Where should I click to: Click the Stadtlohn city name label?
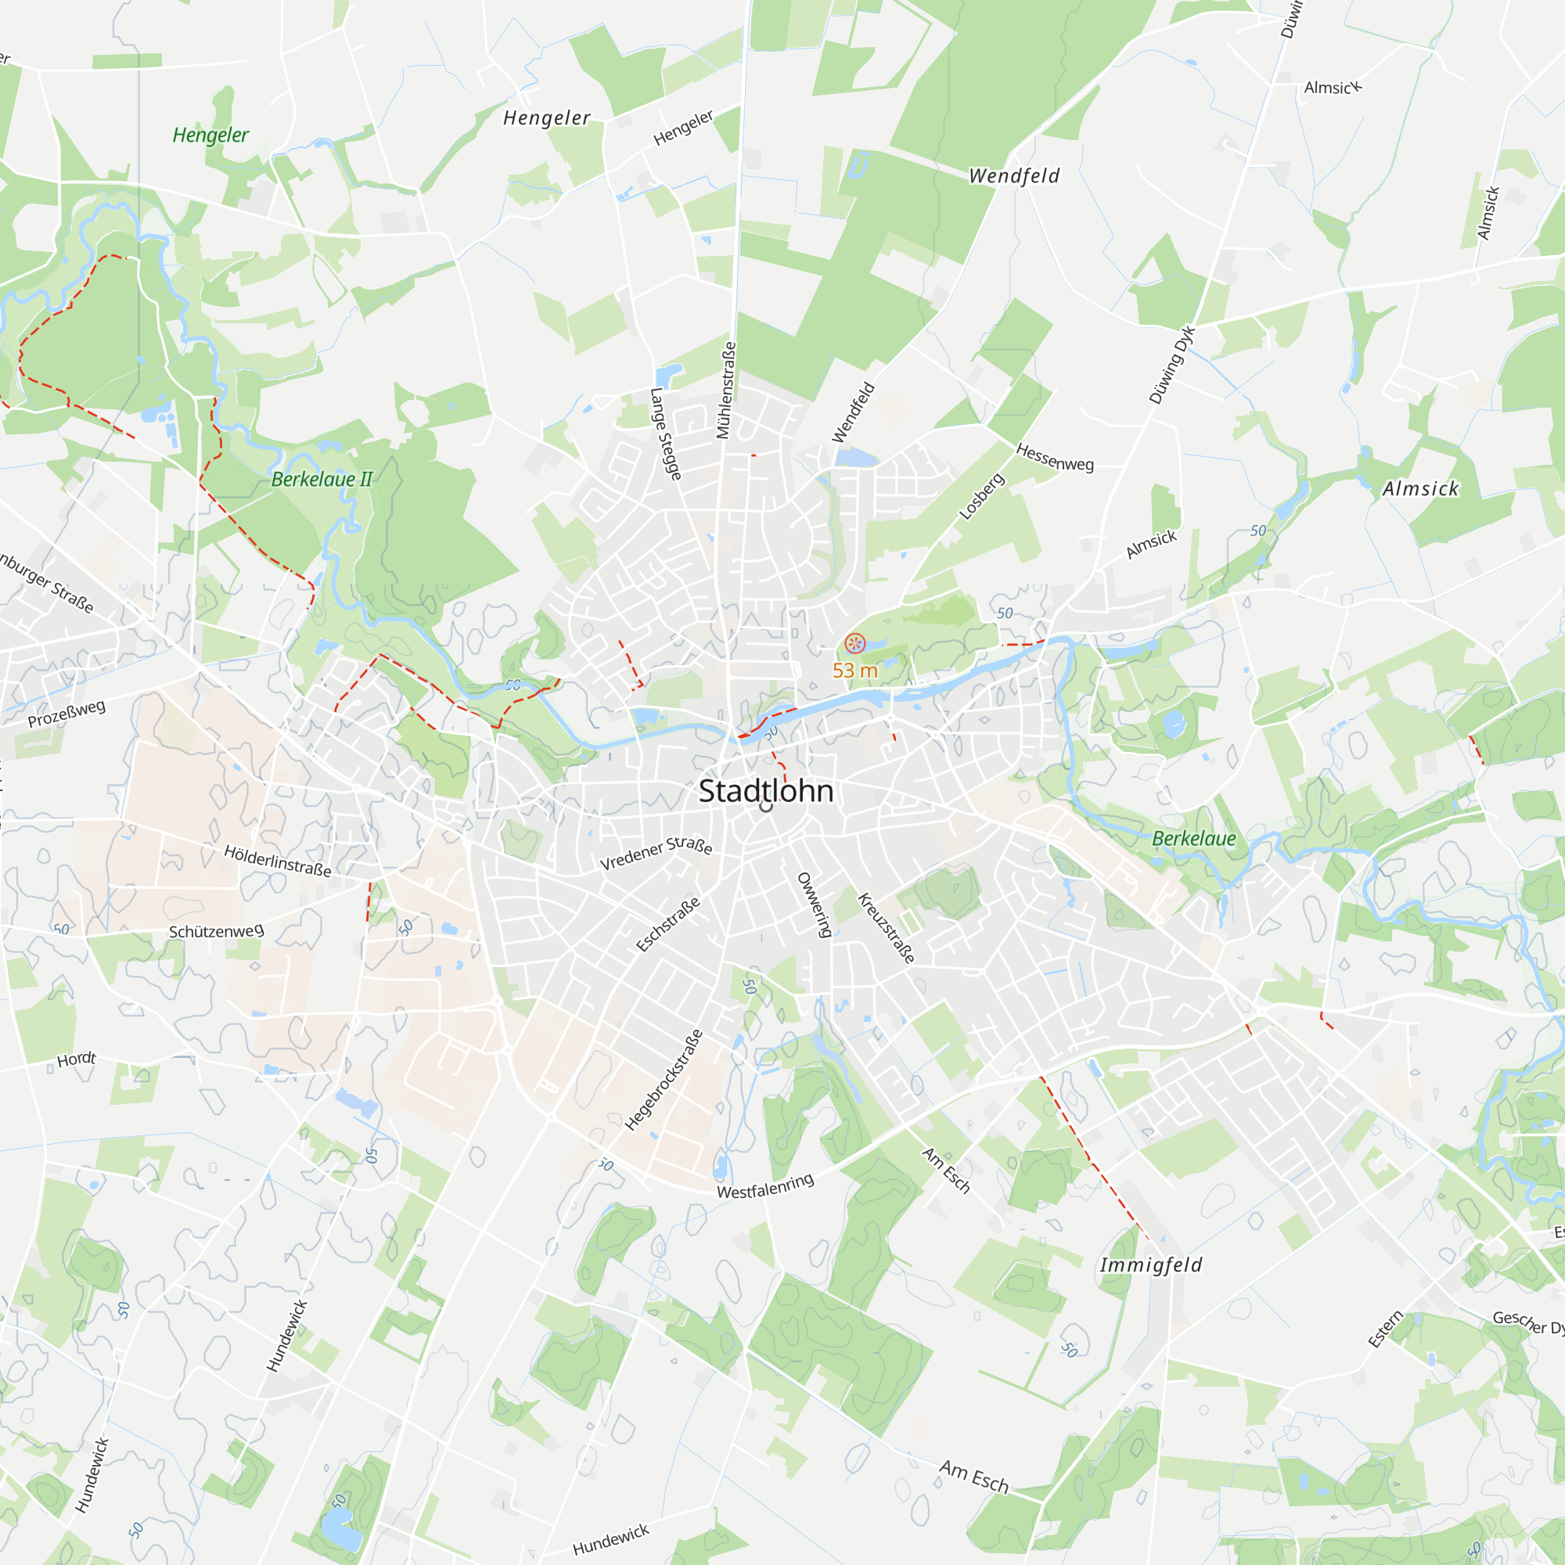click(765, 791)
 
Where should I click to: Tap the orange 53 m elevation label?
click(854, 671)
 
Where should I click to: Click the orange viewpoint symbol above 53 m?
click(854, 644)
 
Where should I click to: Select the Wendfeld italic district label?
click(1014, 176)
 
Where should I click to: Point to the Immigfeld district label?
click(1150, 1265)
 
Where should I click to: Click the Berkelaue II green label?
click(322, 480)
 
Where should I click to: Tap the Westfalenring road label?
click(765, 1188)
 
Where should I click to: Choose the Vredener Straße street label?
click(657, 854)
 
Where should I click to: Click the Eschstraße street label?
click(667, 925)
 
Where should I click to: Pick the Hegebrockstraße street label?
click(664, 1081)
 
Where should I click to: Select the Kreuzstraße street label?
click(887, 928)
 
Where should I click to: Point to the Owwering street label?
click(814, 905)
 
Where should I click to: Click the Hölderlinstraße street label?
click(277, 861)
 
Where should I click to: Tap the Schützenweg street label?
click(216, 931)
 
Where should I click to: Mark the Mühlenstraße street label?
click(726, 390)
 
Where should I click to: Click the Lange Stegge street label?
click(665, 434)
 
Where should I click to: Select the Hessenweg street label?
click(1055, 458)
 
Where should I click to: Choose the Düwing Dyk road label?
click(1171, 365)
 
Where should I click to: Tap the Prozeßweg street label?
click(67, 714)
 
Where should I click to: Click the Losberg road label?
click(982, 496)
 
